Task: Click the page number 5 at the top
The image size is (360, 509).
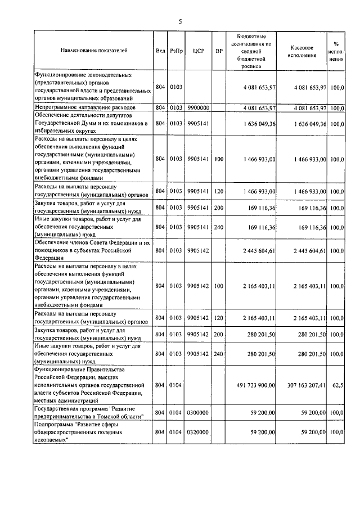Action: [180, 22]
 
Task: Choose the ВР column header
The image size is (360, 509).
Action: [219, 51]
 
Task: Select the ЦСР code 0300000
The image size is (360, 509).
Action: [198, 412]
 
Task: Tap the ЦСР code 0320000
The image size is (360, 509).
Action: [198, 431]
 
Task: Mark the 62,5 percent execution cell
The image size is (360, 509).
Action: [338, 385]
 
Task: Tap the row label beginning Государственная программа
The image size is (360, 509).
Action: [89, 412]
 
